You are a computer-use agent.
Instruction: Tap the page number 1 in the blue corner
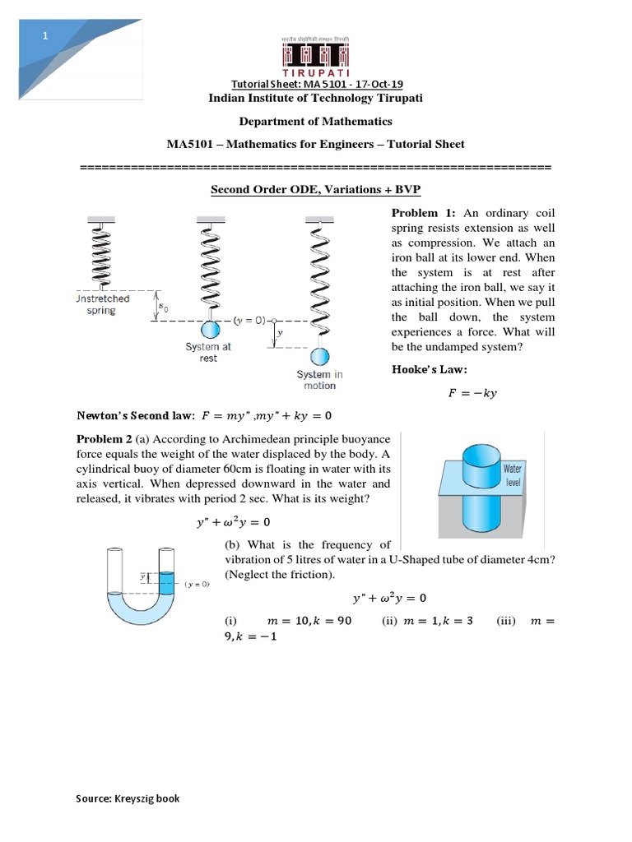[46, 36]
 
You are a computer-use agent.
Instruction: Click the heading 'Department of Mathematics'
[315, 121]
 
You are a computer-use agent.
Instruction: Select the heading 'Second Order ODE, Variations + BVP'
[315, 189]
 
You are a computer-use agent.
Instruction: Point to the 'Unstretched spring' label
[103, 305]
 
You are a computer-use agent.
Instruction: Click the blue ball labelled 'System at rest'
[211, 329]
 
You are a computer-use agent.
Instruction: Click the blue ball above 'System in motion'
[319, 357]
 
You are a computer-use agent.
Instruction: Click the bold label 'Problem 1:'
[424, 213]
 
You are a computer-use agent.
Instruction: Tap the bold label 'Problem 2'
[105, 439]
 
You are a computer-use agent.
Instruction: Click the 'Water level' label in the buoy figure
[513, 474]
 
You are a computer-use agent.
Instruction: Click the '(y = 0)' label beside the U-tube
[197, 584]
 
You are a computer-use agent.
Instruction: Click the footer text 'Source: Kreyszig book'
[128, 798]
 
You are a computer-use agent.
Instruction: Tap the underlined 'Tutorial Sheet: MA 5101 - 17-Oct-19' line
[315, 86]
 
